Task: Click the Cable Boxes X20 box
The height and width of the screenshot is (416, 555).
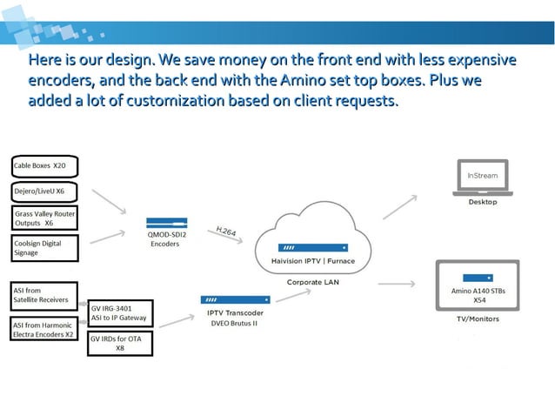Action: tap(44, 165)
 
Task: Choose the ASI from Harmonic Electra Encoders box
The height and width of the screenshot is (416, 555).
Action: tap(44, 329)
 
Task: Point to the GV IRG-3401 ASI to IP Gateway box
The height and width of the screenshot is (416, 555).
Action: tap(121, 313)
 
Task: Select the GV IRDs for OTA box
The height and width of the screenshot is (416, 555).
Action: tap(121, 342)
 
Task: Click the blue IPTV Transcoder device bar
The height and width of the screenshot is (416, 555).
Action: tap(235, 299)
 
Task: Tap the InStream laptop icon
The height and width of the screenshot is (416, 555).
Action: tap(482, 178)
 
